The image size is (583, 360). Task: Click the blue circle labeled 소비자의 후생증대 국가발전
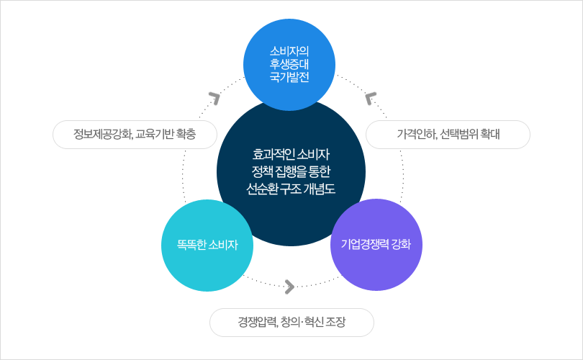tap(289, 65)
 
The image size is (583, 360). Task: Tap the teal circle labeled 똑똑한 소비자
tap(207, 246)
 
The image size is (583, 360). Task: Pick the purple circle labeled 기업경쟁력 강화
tap(376, 245)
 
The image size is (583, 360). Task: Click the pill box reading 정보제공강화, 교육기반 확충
tap(135, 135)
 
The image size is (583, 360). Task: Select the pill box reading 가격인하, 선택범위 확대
tap(448, 135)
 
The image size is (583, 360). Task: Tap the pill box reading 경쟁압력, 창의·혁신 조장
tap(292, 323)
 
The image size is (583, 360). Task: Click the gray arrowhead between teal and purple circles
tap(290, 287)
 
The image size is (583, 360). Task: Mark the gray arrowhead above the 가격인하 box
tap(369, 98)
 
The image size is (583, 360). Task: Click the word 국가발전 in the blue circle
tap(289, 77)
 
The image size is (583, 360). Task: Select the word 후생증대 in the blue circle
tap(289, 64)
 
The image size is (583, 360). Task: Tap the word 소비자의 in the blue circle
tap(289, 51)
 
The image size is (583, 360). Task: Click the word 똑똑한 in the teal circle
tap(191, 245)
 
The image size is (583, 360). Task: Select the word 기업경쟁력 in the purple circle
tap(365, 244)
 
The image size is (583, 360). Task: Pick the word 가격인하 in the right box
tap(417, 134)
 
